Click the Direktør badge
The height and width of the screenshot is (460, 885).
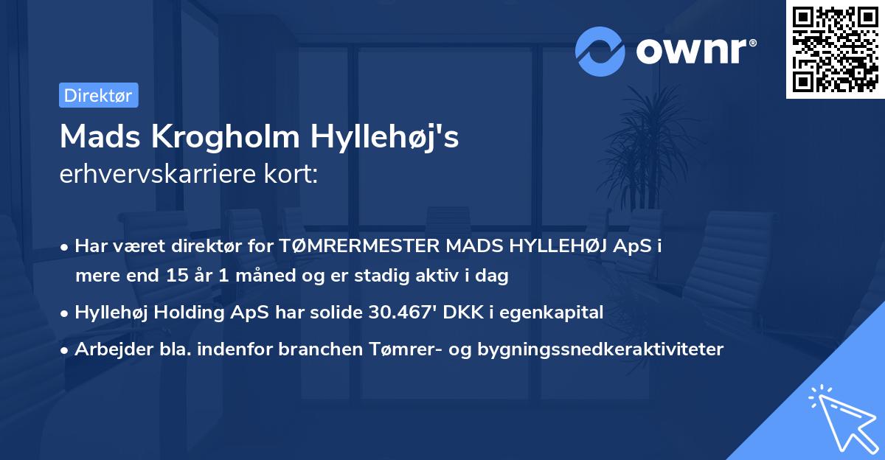tap(98, 96)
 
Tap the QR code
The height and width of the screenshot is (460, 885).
tap(835, 49)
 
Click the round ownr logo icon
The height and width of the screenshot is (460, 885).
tap(600, 52)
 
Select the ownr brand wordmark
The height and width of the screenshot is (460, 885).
tap(694, 52)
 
